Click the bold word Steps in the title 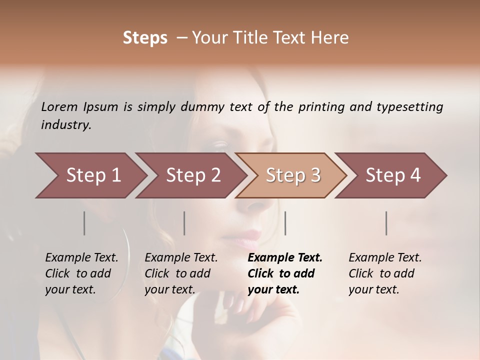tap(145, 38)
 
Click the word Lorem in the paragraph tap(59, 107)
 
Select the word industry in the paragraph tap(65, 125)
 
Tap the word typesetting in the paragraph tap(409, 107)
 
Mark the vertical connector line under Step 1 tap(84, 223)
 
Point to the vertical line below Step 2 tap(184, 223)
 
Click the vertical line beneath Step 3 tap(285, 223)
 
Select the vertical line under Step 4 tap(386, 223)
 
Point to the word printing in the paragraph tap(321, 107)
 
